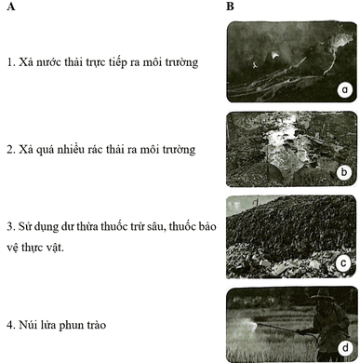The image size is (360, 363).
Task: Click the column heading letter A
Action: click(x=11, y=7)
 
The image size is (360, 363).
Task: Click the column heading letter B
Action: click(x=230, y=7)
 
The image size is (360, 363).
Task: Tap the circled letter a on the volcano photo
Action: click(x=345, y=90)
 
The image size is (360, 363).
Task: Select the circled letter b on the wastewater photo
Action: click(x=344, y=172)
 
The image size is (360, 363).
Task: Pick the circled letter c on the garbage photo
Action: click(x=343, y=263)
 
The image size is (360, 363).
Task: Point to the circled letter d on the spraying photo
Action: click(x=345, y=348)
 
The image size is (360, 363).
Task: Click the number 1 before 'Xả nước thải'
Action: click(x=10, y=62)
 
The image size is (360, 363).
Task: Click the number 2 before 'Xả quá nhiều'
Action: click(x=10, y=150)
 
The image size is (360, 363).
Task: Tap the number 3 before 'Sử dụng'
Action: click(x=10, y=226)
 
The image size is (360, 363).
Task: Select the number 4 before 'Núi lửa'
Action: click(x=10, y=325)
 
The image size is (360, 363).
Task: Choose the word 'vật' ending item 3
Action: click(x=55, y=248)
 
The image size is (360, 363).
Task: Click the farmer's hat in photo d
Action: click(x=323, y=294)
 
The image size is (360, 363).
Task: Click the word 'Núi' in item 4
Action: click(x=27, y=325)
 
